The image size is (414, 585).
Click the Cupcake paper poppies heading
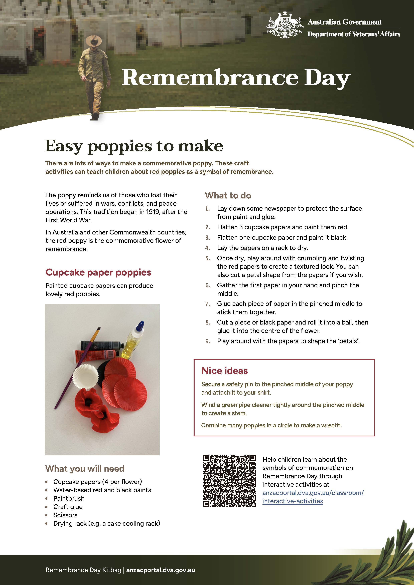coord(98,272)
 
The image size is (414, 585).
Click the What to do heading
coord(228,195)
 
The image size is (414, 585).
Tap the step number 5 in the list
coord(208,258)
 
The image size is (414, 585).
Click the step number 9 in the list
coord(208,341)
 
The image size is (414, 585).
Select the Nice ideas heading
coord(224,371)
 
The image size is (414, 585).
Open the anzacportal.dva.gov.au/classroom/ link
coord(313,493)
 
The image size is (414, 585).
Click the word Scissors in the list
coord(65,515)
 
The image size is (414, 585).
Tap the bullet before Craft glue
coord(46,507)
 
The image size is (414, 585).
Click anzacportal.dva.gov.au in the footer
coord(160,570)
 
